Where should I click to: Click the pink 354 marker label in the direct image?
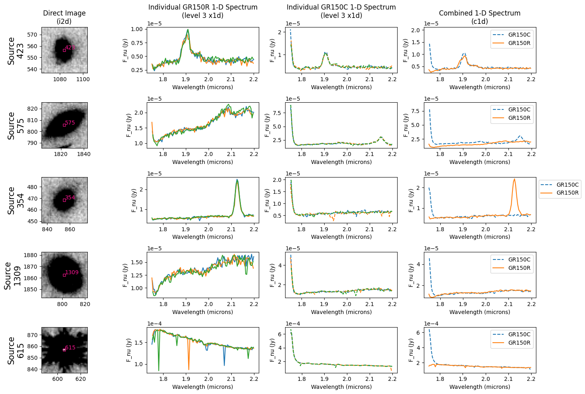click(70, 198)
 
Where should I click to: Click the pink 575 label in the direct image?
click(70, 123)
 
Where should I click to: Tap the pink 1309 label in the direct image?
click(72, 273)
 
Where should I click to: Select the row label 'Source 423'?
click(16, 51)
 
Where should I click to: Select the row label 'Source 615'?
click(16, 350)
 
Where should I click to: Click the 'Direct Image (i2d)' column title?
click(64, 17)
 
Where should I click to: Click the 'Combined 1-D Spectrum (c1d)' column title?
click(480, 17)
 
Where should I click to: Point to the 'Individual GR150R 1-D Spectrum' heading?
click(203, 8)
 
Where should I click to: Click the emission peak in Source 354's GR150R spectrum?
click(237, 180)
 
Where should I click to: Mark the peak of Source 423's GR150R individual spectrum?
click(187, 30)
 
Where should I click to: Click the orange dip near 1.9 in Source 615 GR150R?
click(189, 369)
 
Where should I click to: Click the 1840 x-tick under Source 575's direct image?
click(83, 154)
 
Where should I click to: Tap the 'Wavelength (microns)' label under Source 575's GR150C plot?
click(341, 162)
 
